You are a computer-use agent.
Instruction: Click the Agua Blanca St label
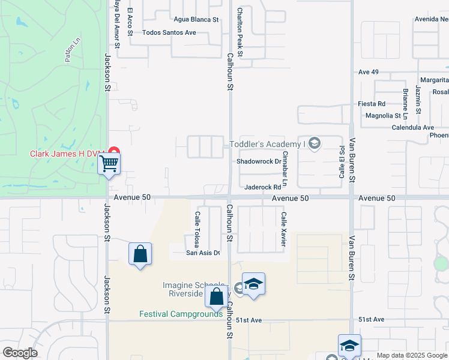[196, 19]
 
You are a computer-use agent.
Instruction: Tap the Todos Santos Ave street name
[169, 32]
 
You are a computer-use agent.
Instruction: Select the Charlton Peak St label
[240, 32]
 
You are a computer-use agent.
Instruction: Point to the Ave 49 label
[368, 72]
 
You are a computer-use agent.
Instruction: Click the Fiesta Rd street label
[372, 104]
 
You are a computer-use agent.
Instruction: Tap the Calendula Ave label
[412, 127]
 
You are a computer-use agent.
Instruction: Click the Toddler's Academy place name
[268, 144]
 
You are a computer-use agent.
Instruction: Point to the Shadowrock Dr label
[259, 161]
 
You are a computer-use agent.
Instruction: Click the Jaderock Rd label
[262, 187]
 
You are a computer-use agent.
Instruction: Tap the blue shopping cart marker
[109, 163]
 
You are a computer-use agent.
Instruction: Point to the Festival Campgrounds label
[181, 314]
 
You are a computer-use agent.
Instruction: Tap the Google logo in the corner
[20, 353]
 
